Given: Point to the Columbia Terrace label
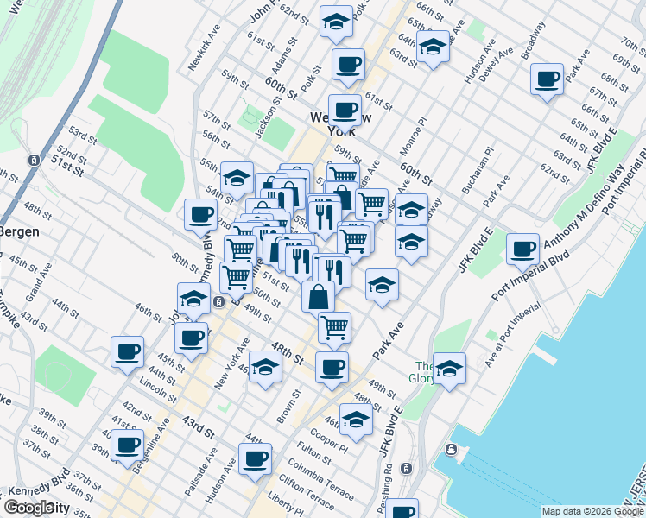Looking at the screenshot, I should tap(320, 480).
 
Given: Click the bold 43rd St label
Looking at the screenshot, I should tap(198, 426).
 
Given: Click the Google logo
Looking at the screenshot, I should tap(29, 508).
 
